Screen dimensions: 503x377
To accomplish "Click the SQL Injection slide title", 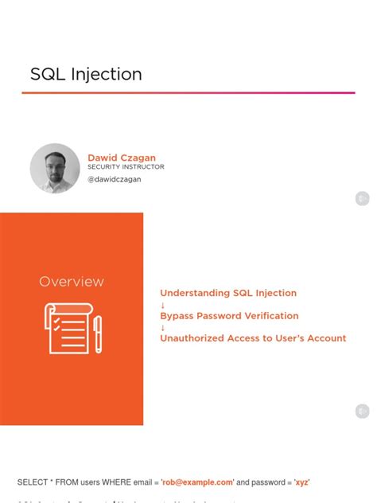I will (x=86, y=75).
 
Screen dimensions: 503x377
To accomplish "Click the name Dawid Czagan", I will (x=122, y=158).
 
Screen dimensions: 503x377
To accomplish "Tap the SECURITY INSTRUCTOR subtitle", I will (x=126, y=167).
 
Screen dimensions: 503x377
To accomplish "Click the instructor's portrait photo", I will (x=55, y=169).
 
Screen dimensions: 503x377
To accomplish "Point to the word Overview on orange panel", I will (x=72, y=282).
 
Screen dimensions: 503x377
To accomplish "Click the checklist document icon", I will (x=66, y=328).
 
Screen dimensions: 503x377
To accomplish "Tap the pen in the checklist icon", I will (x=97, y=333).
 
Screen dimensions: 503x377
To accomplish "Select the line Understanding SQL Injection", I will (x=228, y=294).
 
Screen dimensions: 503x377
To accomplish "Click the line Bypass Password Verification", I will (x=229, y=316).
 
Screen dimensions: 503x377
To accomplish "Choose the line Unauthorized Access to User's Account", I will (x=253, y=338).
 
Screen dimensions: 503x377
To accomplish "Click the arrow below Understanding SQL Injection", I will (x=163, y=305).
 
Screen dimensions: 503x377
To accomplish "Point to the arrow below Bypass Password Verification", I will (x=163, y=327).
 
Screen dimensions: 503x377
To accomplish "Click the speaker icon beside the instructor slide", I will (x=362, y=198).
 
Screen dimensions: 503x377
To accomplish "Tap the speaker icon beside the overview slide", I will (x=362, y=411).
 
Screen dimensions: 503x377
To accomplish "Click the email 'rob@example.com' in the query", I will (x=197, y=482).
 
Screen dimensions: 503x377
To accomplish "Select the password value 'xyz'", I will (x=302, y=482).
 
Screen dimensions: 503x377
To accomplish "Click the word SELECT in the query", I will (x=33, y=482).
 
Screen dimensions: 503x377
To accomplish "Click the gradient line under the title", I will (x=188, y=93).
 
